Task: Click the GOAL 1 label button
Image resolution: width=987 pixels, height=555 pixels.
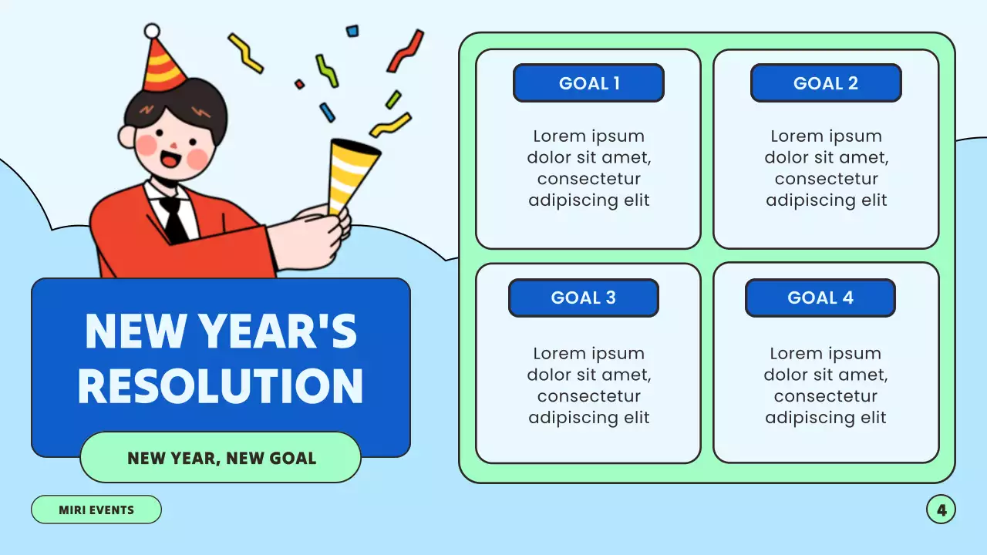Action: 588,83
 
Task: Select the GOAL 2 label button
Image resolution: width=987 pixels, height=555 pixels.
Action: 826,83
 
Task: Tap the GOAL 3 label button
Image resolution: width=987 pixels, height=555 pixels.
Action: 584,298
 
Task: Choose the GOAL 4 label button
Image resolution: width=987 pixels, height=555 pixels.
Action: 820,298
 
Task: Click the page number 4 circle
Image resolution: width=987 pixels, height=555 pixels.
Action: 941,510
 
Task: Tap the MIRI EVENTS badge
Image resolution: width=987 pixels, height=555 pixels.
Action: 96,510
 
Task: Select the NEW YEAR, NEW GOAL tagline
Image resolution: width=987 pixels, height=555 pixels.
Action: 221,458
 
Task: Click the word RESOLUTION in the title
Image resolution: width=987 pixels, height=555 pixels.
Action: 221,386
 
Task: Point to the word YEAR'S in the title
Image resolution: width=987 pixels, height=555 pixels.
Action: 278,331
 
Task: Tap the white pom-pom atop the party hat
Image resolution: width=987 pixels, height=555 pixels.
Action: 153,31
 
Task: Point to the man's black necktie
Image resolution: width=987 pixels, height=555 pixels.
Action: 174,220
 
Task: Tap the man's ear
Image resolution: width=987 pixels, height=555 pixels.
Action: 127,136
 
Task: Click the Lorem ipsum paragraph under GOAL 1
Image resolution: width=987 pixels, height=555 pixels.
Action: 588,168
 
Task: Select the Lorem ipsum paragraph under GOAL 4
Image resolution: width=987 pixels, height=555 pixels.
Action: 826,385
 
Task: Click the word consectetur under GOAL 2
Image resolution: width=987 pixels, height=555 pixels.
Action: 826,179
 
